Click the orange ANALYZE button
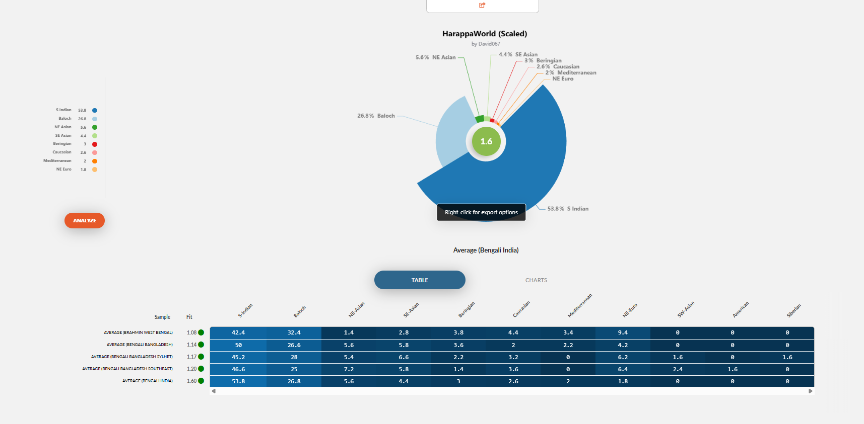85,220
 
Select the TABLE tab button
420,280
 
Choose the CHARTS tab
536,280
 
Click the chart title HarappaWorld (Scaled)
485,34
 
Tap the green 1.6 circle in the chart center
486,141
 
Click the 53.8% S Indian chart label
568,209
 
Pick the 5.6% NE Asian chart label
436,57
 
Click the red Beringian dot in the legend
95,144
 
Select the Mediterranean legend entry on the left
57,161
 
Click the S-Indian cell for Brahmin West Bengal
238,332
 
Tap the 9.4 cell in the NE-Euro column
623,332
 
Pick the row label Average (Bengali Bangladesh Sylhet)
132,357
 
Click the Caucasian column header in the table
521,309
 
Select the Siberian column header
793,311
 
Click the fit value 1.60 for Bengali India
191,381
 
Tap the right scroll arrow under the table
810,391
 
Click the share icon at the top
482,5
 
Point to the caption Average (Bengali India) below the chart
486,250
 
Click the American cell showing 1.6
733,369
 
